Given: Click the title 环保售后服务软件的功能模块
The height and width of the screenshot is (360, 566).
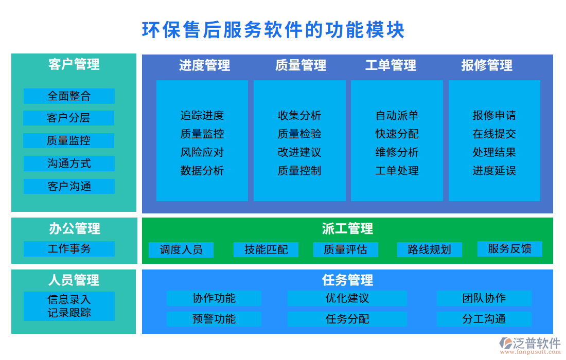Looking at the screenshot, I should (273, 30).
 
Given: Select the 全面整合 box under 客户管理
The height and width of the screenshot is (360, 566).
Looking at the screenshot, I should (69, 96).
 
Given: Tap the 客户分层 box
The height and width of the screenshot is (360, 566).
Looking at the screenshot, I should (69, 118).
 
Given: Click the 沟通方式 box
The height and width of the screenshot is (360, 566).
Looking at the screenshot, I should (69, 164).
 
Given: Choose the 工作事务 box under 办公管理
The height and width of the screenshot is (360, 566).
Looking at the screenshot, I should (69, 249).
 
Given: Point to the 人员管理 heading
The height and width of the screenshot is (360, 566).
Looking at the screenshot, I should (74, 280).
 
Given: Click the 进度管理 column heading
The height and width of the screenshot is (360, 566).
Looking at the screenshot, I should (204, 65).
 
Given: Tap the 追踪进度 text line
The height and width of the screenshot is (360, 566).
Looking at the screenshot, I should (202, 115).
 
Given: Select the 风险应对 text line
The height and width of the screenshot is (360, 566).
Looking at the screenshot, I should (202, 152).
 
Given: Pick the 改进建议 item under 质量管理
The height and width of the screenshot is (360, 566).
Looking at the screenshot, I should (299, 152).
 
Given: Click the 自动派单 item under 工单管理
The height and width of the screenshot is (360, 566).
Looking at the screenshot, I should (397, 115).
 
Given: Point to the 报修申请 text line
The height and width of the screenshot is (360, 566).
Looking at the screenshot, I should (494, 115).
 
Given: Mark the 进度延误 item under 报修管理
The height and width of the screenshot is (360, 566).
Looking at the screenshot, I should (494, 171).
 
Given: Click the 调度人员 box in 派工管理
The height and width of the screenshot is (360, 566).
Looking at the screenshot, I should (181, 250).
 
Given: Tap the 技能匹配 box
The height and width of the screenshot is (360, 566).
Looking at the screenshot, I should (266, 250).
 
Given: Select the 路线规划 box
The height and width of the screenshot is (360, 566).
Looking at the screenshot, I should (429, 250).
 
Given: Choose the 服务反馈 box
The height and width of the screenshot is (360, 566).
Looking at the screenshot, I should (510, 249).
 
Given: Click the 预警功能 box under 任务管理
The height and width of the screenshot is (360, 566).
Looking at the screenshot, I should (214, 319).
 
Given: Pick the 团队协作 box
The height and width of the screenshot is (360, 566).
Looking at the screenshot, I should (484, 298).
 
